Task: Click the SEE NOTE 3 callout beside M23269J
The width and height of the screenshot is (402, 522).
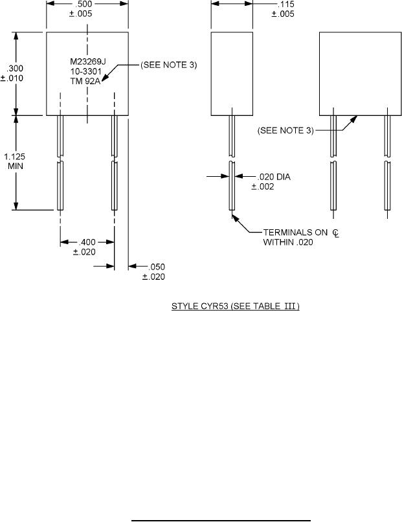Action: coord(168,65)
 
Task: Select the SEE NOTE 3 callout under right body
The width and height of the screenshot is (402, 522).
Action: coord(285,130)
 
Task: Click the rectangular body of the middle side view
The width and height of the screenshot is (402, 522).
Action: coord(232,73)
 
